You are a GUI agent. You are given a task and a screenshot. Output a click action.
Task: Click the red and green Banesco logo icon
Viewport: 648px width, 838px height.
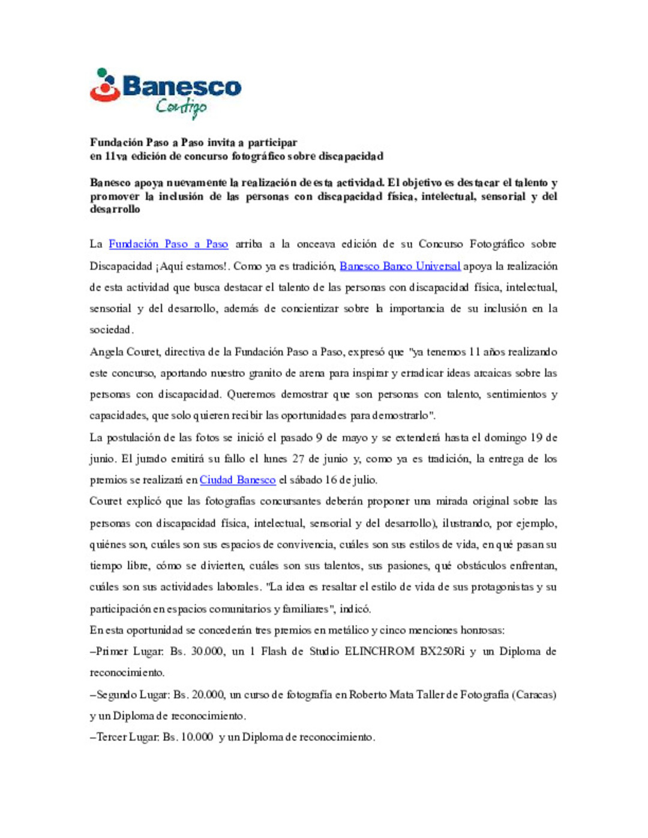[x=105, y=85]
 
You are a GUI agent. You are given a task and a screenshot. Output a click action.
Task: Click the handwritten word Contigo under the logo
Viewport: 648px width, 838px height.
[x=181, y=108]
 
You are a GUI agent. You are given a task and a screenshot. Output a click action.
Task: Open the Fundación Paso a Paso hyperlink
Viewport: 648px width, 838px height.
[x=168, y=244]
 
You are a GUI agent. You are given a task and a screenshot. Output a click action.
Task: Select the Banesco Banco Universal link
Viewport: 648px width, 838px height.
[x=400, y=266]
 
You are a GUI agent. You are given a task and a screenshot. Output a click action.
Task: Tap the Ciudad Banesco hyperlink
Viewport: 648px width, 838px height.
[x=237, y=480]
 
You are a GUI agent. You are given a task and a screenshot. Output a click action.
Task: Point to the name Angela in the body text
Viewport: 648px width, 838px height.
[x=106, y=352]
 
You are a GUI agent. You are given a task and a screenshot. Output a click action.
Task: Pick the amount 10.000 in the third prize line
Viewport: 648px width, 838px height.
[x=197, y=737]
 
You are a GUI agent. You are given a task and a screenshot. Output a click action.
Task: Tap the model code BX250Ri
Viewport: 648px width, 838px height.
[x=442, y=652]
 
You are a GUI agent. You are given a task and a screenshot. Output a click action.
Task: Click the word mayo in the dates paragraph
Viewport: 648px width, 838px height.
[x=355, y=438]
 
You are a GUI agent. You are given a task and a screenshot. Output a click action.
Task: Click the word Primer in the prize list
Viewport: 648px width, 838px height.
[x=112, y=652]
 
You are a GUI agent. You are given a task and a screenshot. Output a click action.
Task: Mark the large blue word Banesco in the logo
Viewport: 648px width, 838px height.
[x=182, y=87]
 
